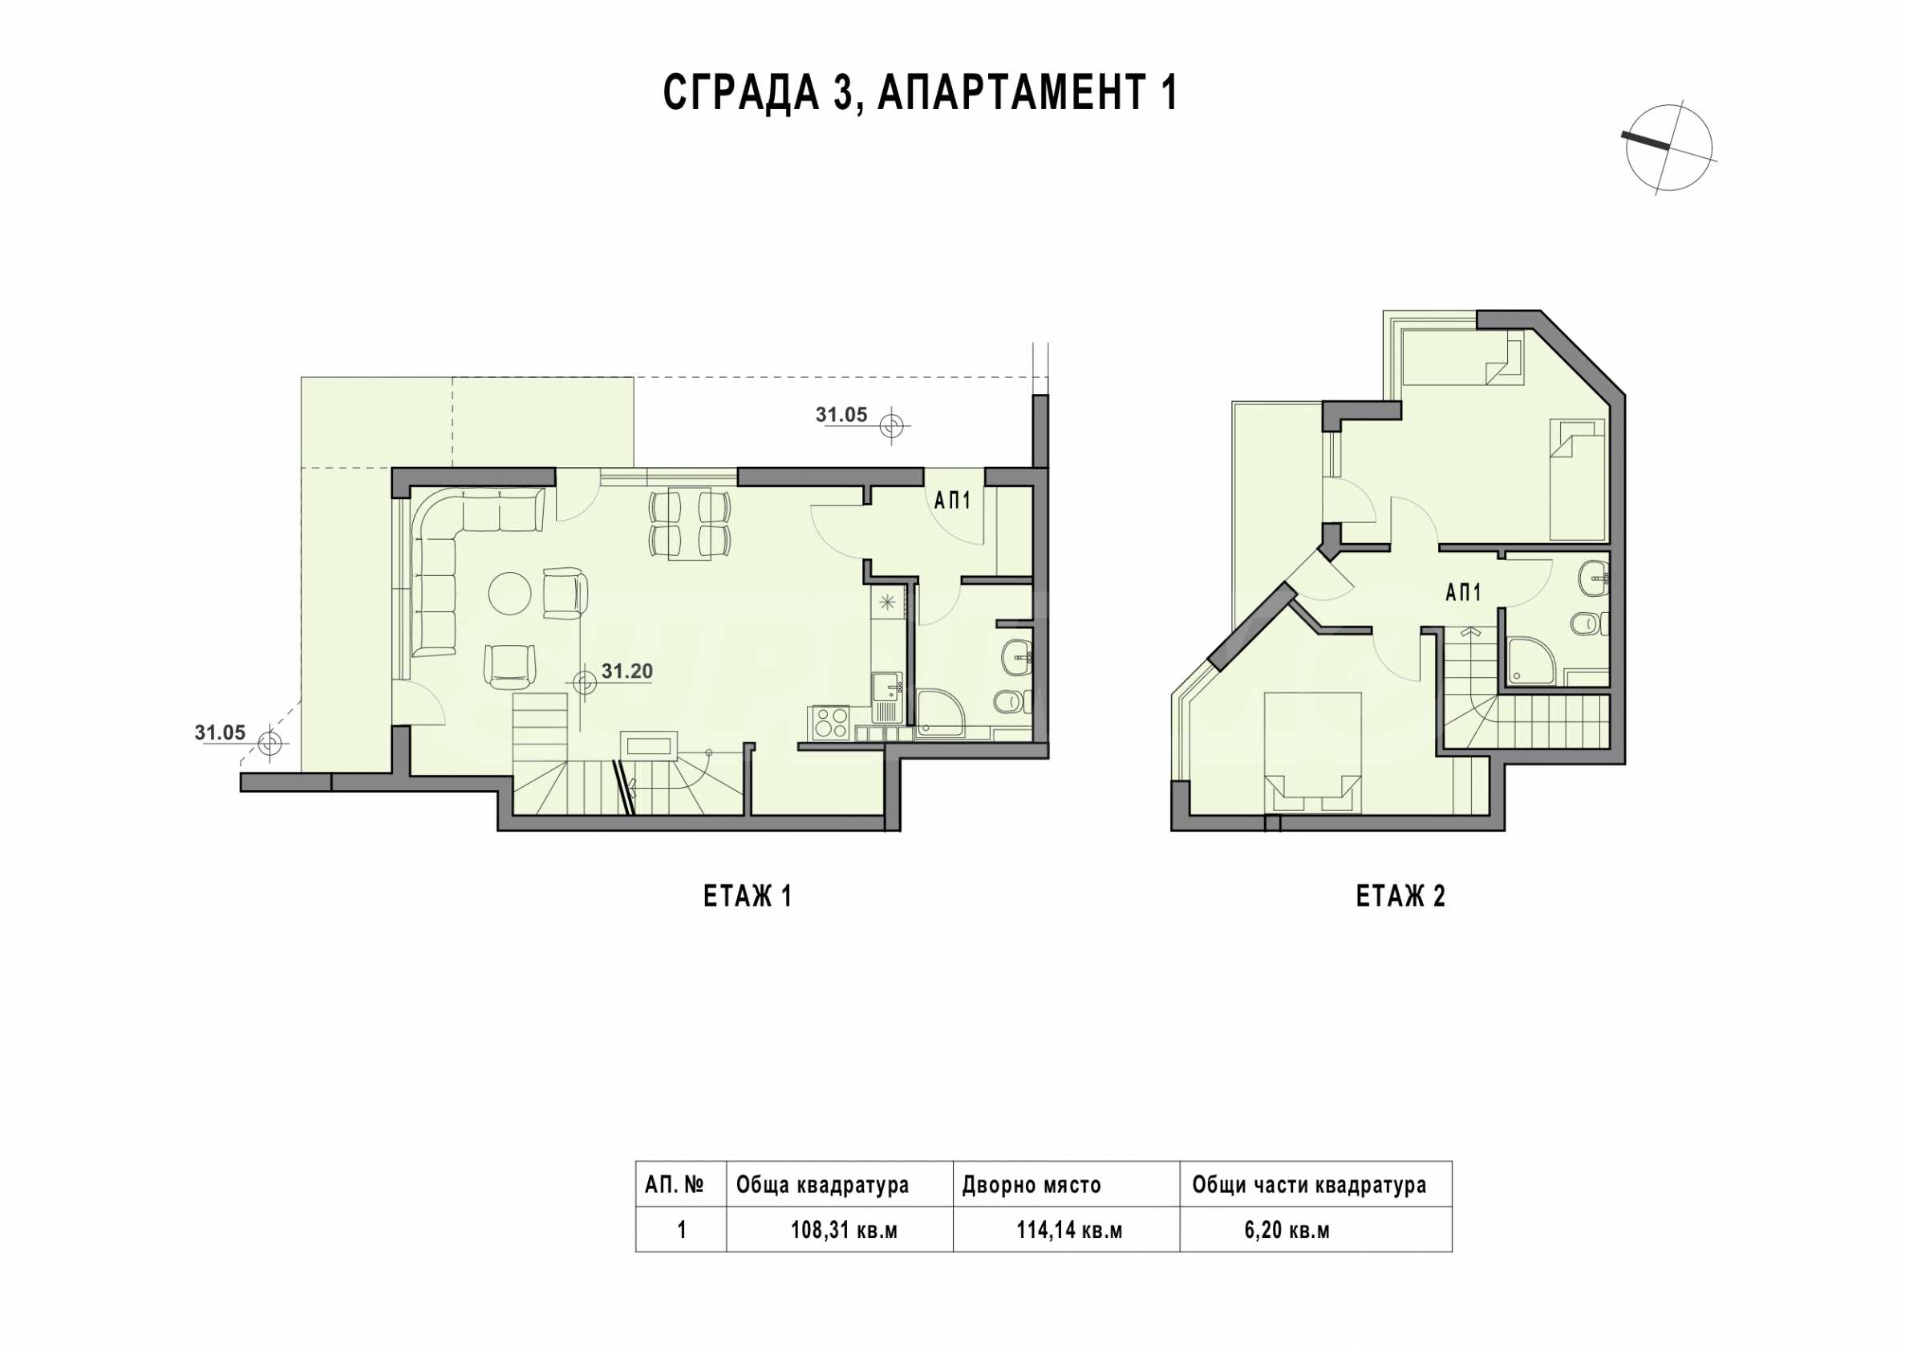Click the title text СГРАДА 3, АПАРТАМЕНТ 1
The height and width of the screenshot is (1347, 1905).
[920, 93]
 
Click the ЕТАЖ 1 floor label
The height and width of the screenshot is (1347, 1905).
[747, 896]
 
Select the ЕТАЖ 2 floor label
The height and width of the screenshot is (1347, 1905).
[1400, 896]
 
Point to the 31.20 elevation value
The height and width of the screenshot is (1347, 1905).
[626, 671]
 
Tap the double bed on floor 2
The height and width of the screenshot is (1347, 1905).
[1311, 751]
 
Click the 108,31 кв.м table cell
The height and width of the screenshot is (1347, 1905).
[844, 1230]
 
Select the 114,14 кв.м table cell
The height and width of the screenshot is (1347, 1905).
[1069, 1230]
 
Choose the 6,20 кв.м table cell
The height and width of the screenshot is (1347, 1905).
[1287, 1230]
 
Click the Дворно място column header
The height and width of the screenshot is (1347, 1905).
[1032, 1184]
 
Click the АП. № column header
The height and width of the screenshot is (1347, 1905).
[675, 1184]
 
